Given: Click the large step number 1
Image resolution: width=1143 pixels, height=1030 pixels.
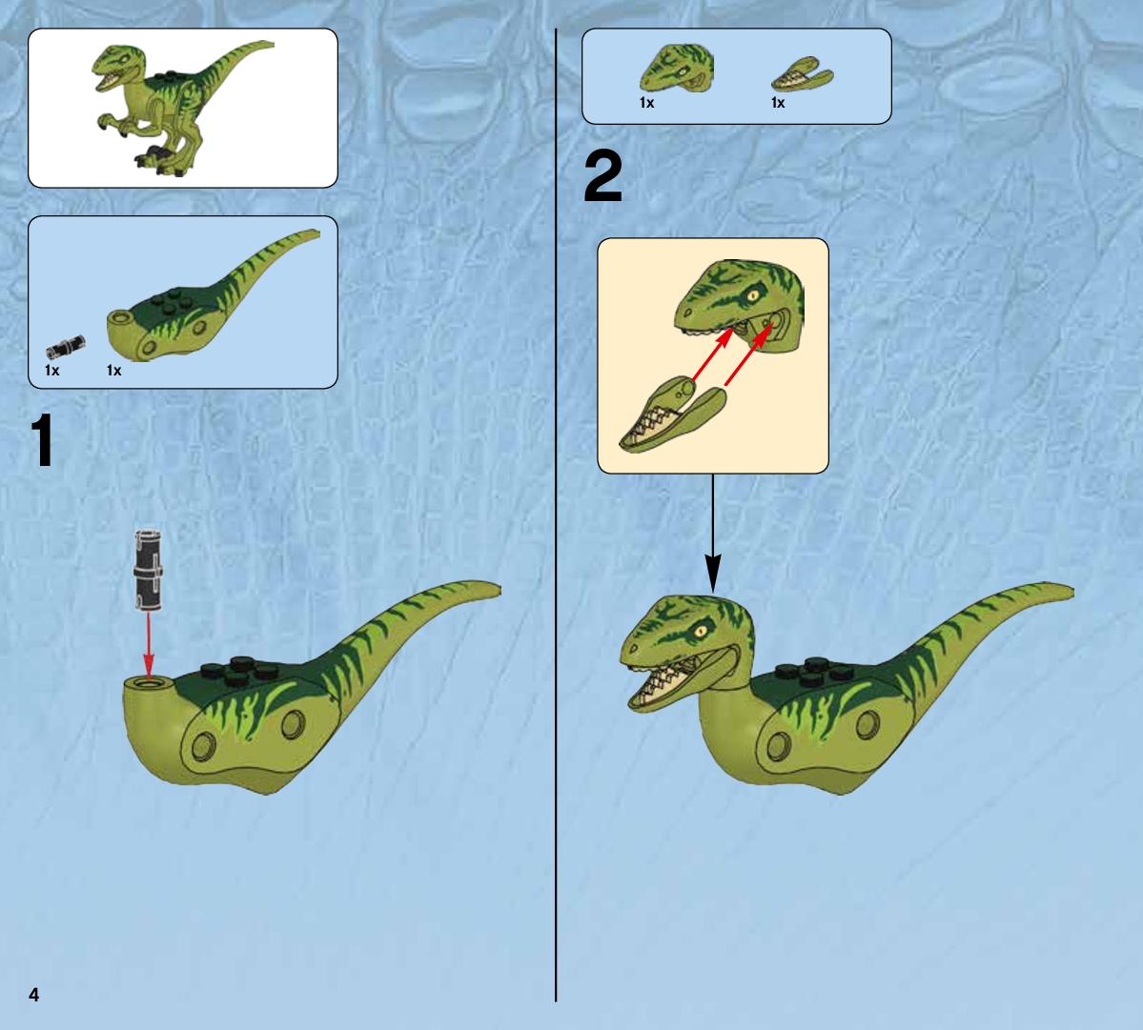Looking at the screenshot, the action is click(x=43, y=440).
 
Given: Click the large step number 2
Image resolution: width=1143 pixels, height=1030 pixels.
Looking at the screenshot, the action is click(x=603, y=177).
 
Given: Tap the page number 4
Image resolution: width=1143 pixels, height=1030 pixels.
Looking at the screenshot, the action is click(x=33, y=995).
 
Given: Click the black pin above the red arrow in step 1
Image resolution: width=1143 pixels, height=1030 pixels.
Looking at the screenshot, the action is click(x=147, y=570).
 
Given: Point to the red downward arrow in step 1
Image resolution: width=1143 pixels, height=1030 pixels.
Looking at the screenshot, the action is click(x=149, y=644).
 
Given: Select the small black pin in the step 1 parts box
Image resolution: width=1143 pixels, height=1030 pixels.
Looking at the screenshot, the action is click(x=66, y=346).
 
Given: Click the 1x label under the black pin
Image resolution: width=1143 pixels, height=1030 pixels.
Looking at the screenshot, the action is click(x=51, y=371).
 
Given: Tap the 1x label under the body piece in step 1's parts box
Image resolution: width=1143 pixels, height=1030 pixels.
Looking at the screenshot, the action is click(x=113, y=371).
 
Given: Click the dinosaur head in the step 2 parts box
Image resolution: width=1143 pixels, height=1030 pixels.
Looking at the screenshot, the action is click(x=677, y=69).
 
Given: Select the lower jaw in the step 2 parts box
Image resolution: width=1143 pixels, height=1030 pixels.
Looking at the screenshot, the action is click(x=802, y=74).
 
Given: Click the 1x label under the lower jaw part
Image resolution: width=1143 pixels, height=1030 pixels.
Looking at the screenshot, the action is click(x=778, y=104).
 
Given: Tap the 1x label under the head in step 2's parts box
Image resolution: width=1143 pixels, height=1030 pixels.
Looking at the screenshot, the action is click(x=646, y=104).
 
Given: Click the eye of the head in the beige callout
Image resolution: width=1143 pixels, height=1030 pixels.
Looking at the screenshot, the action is click(x=752, y=296).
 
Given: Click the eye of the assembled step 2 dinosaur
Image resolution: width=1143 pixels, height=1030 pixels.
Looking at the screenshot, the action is click(x=704, y=631).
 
